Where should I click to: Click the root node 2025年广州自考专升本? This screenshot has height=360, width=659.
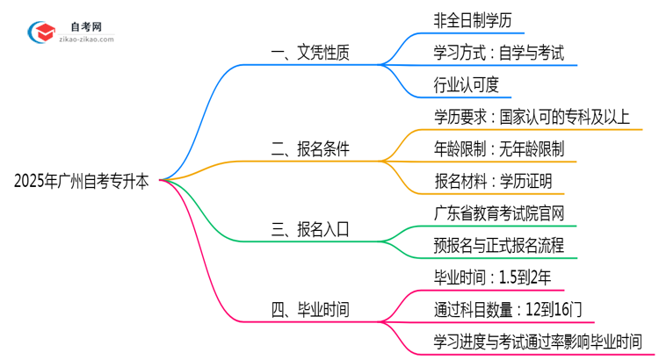point(82,182)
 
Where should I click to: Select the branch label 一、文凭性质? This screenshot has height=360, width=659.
point(310,53)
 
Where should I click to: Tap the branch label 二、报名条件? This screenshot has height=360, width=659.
point(310,149)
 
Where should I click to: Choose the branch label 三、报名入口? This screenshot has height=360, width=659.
point(310,230)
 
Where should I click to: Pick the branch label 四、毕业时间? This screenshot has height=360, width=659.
point(310,310)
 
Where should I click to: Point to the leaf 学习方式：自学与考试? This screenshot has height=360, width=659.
point(498,53)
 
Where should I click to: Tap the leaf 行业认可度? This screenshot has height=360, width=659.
point(467,85)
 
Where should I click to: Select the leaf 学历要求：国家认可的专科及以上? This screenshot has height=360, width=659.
point(532,117)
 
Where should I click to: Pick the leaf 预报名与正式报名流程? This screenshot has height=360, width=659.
point(499,246)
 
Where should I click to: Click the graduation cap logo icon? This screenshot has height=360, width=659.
point(41,33)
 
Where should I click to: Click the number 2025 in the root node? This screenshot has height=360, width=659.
point(32,182)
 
